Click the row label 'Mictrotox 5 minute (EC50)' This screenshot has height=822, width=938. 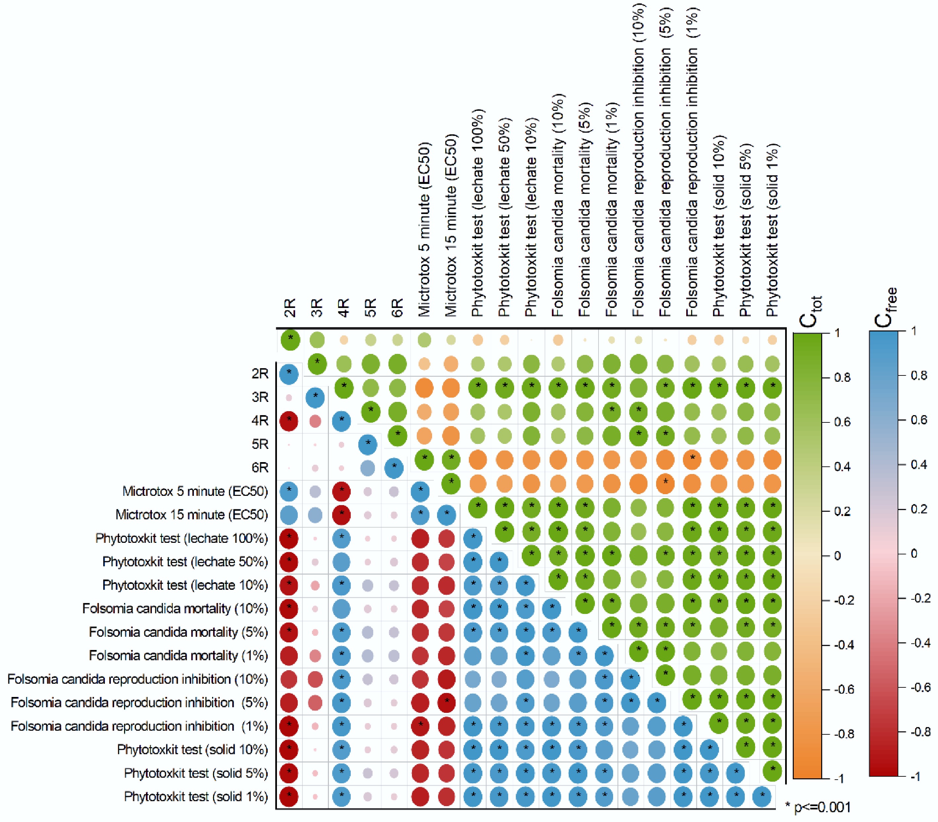[x=195, y=491]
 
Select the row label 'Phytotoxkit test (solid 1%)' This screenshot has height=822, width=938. [x=196, y=797]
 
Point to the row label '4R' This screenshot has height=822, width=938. [x=260, y=420]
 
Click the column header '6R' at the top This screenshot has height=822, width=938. [x=397, y=307]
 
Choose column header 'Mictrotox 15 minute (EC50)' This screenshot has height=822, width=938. [x=451, y=225]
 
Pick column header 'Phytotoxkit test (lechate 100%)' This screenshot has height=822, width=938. [x=478, y=212]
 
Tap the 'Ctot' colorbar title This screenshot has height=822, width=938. [x=810, y=312]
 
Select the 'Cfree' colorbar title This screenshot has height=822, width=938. [x=885, y=307]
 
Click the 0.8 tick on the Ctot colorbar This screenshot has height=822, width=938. [x=842, y=377]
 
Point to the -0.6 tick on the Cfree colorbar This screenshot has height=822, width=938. [x=920, y=687]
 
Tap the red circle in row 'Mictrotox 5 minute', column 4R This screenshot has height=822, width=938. [x=341, y=491]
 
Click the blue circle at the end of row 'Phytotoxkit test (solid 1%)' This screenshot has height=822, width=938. [x=762, y=797]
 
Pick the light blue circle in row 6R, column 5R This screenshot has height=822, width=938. [x=368, y=468]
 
